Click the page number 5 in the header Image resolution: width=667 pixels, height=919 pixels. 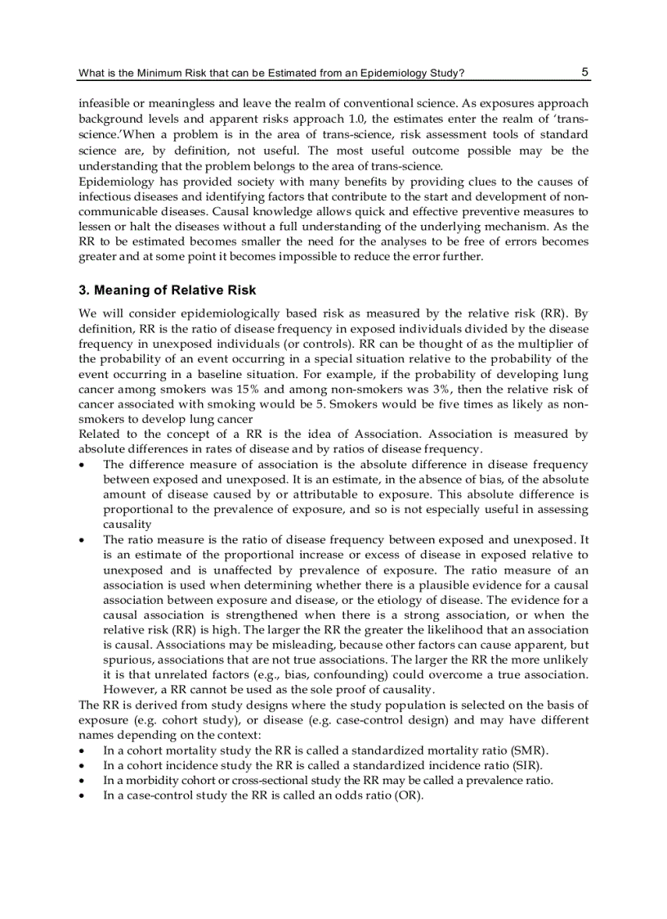(585, 72)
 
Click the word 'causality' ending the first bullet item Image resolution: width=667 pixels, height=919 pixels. (127, 525)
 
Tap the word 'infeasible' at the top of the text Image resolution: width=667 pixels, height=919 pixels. (104, 104)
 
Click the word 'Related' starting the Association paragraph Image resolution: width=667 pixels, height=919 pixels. (99, 434)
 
